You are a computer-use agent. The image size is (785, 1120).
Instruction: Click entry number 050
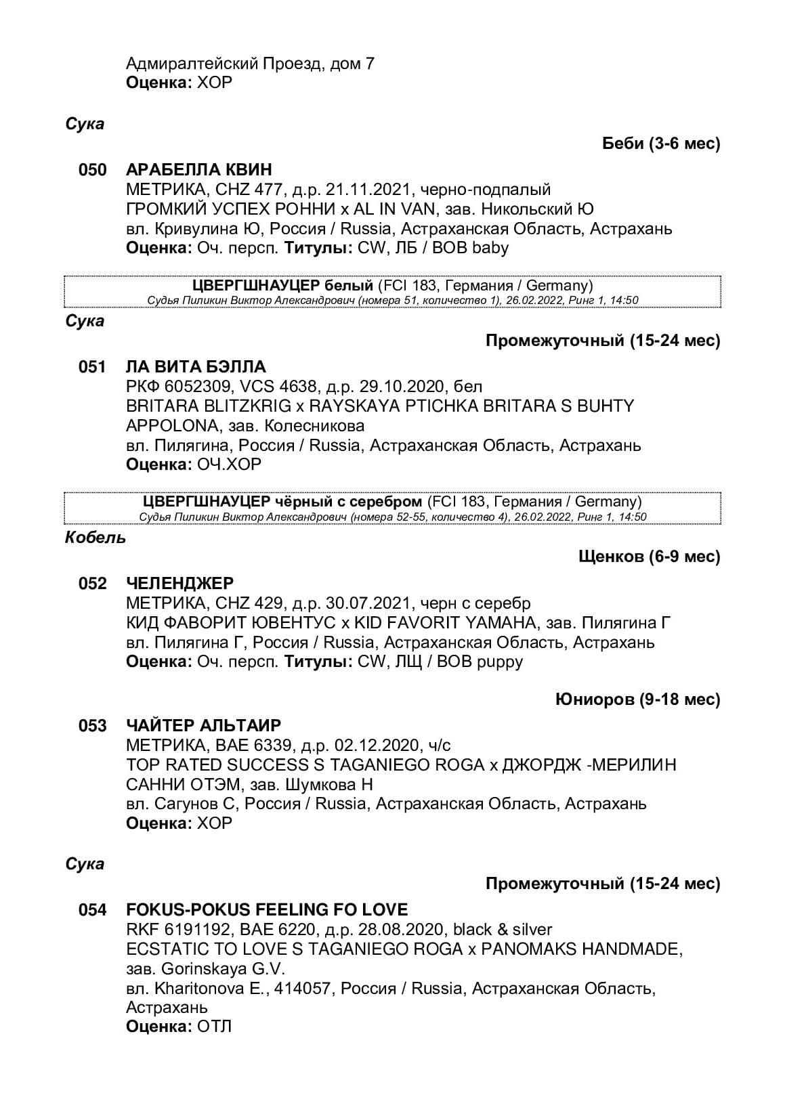coord(93,170)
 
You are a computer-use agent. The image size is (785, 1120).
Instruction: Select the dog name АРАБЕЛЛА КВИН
coord(198,170)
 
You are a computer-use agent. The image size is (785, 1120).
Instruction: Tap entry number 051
coord(93,367)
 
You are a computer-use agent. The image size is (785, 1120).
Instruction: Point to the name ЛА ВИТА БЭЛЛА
coord(196,367)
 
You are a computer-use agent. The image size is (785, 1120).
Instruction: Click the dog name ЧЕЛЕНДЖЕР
coord(179,584)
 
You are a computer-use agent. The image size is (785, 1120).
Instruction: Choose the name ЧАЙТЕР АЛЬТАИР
coord(203,726)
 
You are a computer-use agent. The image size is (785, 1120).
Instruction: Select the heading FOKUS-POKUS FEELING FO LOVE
coord(267,910)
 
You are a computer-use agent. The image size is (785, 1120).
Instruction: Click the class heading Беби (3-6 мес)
coord(660,144)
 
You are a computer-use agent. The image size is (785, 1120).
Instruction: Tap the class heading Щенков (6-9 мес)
coord(649,557)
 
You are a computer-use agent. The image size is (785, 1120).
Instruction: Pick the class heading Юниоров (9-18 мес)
coord(637,699)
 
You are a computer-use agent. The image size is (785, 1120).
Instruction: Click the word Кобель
coord(96,538)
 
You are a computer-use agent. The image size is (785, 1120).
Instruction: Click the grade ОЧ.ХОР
coord(229,465)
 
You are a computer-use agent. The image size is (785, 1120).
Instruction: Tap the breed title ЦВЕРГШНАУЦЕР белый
coord(282,286)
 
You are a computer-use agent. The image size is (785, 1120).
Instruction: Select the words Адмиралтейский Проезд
coord(224,64)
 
